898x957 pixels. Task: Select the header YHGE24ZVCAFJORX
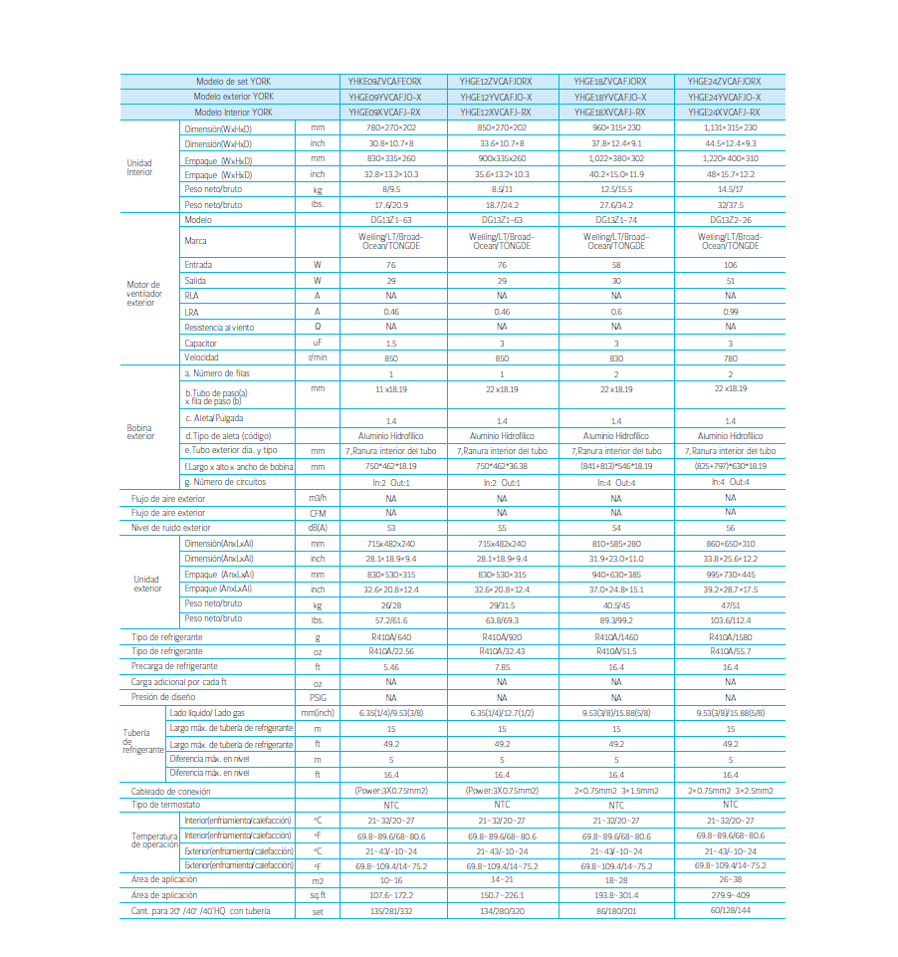pyautogui.click(x=724, y=81)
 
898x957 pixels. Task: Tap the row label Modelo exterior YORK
pyautogui.click(x=234, y=97)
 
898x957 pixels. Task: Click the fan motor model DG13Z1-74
pyautogui.click(x=616, y=219)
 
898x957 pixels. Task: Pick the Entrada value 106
pyautogui.click(x=731, y=266)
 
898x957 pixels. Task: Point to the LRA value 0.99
pyautogui.click(x=731, y=312)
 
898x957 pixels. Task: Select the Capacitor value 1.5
pyautogui.click(x=391, y=342)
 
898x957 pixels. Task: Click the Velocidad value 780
pyautogui.click(x=731, y=358)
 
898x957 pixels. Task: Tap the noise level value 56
pyautogui.click(x=731, y=528)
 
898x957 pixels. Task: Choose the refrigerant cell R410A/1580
pyautogui.click(x=731, y=636)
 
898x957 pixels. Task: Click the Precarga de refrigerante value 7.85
pyautogui.click(x=502, y=666)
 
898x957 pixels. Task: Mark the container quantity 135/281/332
pyautogui.click(x=391, y=911)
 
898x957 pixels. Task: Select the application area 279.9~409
pyautogui.click(x=731, y=896)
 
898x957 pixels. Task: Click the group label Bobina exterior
pyautogui.click(x=141, y=432)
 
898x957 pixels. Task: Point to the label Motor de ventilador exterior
pyautogui.click(x=143, y=294)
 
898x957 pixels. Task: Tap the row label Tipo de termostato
pyautogui.click(x=166, y=805)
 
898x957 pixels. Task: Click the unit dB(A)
pyautogui.click(x=318, y=528)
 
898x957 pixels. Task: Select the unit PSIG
pyautogui.click(x=318, y=698)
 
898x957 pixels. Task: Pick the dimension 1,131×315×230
pyautogui.click(x=731, y=128)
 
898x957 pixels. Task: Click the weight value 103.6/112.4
pyautogui.click(x=731, y=619)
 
